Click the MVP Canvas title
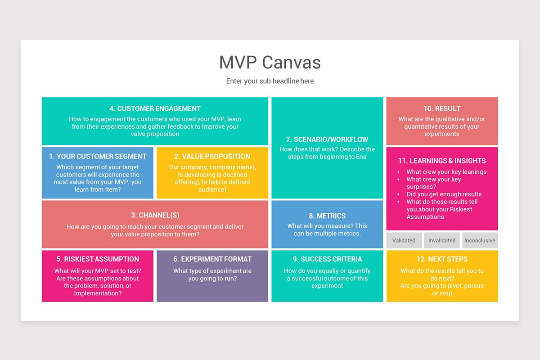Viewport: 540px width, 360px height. click(270, 62)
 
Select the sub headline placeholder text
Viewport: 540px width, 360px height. click(270, 81)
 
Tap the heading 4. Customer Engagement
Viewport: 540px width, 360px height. click(155, 108)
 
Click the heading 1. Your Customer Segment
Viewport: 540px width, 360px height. click(98, 156)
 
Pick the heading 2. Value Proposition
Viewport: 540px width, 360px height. click(212, 156)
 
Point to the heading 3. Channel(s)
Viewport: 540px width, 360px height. click(155, 215)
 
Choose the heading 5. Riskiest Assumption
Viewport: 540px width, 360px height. click(98, 259)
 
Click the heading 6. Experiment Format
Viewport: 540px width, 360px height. click(212, 259)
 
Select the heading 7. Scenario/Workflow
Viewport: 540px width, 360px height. click(327, 139)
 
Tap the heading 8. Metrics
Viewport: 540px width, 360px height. click(327, 216)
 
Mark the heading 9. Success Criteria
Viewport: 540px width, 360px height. click(327, 259)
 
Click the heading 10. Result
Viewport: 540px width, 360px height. click(442, 108)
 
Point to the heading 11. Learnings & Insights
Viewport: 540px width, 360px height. click(442, 161)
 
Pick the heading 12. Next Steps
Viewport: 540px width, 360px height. click(442, 259)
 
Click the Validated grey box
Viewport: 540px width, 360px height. click(404, 240)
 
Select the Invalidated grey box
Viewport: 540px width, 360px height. click(442, 240)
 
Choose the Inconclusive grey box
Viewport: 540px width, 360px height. click(480, 240)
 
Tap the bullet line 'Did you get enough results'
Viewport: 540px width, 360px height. click(444, 194)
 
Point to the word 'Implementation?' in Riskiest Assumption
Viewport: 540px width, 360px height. click(98, 293)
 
